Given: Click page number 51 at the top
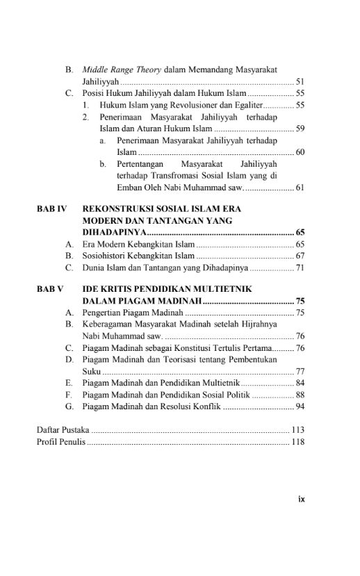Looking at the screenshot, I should pyautogui.click(x=300, y=81).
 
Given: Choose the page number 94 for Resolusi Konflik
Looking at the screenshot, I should pyautogui.click(x=300, y=406).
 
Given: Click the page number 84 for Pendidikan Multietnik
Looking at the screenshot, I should pyautogui.click(x=300, y=382).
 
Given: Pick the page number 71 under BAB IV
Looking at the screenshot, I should pyautogui.click(x=300, y=267).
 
